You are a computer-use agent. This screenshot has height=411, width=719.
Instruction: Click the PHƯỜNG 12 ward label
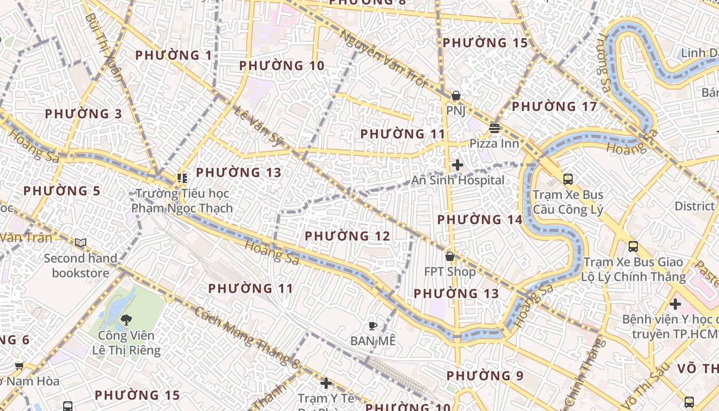347,236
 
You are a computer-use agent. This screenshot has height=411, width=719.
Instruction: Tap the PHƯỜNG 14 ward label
480,220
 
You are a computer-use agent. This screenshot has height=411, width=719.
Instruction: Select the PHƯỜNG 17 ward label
554,107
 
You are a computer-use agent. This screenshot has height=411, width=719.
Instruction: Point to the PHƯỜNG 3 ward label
83,114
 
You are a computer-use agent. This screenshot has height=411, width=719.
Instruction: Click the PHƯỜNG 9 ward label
485,376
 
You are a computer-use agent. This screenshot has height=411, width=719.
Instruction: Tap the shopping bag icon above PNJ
456,96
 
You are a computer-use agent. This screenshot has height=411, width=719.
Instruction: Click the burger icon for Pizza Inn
495,128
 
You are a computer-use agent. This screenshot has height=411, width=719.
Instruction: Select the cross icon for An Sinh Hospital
457,165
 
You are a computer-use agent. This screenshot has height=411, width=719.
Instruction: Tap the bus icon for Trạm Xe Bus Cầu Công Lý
567,179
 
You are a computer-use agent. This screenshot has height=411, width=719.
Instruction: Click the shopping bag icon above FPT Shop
450,256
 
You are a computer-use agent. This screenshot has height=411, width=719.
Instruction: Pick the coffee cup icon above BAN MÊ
373,325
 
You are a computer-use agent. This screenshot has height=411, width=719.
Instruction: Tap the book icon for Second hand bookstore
80,242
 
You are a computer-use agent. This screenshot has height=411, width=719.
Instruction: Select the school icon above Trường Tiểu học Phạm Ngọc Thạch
182,178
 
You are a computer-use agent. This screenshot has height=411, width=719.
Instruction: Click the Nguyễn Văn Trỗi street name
383,59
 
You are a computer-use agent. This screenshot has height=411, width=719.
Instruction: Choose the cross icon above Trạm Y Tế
326,383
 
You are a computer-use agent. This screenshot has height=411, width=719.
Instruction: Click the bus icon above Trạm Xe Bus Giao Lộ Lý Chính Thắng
633,246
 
